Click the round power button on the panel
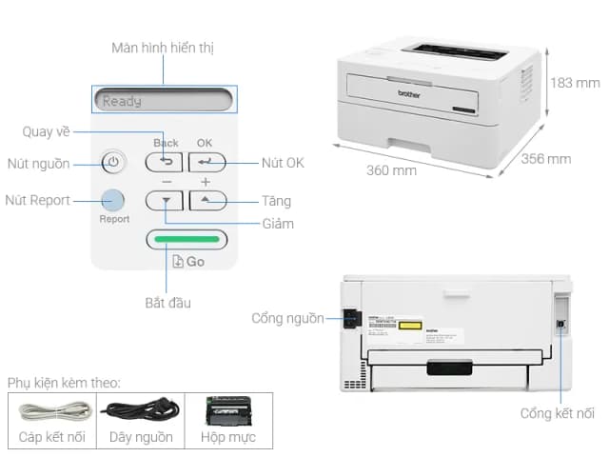tap(112, 162)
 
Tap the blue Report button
tap(112, 200)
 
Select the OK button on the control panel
tap(206, 163)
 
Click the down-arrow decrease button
tap(164, 201)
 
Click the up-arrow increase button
tap(206, 201)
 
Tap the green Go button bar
tap(187, 239)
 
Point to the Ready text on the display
tap(122, 101)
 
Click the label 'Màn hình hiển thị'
tap(163, 48)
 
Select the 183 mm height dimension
tap(574, 82)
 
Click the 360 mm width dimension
tap(391, 170)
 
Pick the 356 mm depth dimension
tap(546, 158)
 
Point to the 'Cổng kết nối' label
tap(558, 413)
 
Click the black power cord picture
tap(139, 411)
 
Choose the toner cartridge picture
tap(227, 411)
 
